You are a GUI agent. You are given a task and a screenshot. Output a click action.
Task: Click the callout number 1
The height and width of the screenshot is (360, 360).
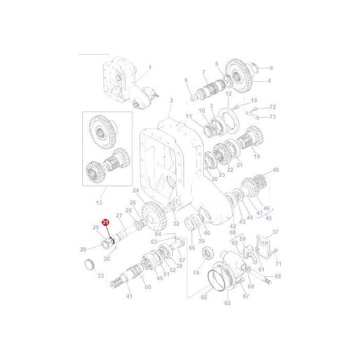[x=150, y=67]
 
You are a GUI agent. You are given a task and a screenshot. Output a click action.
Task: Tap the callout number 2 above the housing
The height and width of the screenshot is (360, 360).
[x=172, y=100]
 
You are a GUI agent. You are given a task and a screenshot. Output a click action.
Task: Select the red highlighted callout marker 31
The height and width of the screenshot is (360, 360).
[x=106, y=222]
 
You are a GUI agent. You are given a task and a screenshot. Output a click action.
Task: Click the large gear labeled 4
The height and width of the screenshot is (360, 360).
[x=237, y=76]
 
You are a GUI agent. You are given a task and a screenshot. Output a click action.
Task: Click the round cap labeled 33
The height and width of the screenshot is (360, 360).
[x=89, y=265]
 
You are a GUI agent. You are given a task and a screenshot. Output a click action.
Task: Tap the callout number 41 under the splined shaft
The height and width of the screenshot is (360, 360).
[x=129, y=296]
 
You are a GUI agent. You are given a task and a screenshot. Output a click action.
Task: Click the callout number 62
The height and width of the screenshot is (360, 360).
[x=227, y=303]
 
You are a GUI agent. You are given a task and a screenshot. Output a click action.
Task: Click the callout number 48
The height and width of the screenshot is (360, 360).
[x=276, y=170]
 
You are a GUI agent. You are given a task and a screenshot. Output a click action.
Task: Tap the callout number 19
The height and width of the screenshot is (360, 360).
[x=257, y=156]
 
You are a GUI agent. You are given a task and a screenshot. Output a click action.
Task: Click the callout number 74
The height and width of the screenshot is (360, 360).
[x=195, y=273]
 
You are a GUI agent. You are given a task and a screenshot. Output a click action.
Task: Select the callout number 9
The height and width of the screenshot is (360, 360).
[x=186, y=80]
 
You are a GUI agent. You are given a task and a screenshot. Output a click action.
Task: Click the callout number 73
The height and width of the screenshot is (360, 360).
[x=273, y=117]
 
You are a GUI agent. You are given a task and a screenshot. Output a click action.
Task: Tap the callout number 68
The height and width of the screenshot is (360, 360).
[x=278, y=276]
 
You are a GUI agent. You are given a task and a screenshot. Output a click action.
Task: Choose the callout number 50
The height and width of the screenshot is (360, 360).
[x=148, y=287]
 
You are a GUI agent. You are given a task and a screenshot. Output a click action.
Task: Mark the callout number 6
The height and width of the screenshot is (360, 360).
[x=271, y=68]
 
